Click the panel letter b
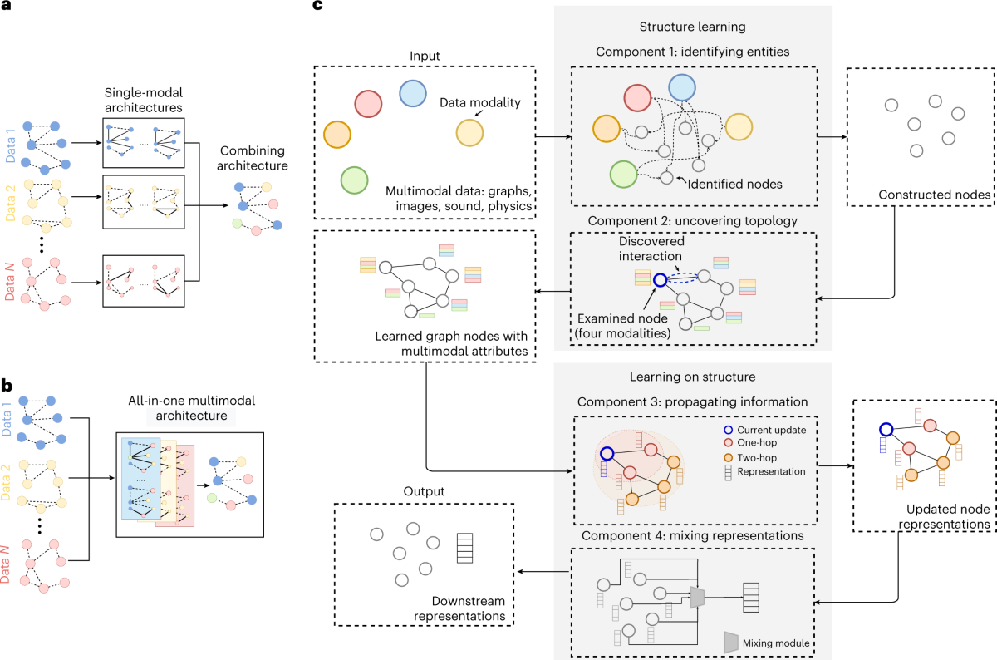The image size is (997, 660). (7, 385)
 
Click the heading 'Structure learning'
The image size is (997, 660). (693, 27)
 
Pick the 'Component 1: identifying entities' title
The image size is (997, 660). (693, 52)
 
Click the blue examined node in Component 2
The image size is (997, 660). (658, 280)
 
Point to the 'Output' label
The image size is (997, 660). (425, 491)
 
